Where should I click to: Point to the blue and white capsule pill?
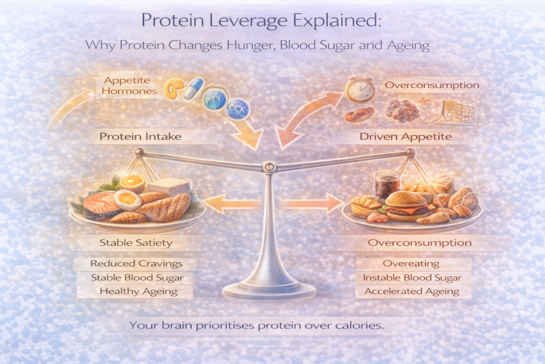tap(193, 88)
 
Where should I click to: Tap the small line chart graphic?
tap(456, 112)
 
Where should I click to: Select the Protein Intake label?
tap(141, 136)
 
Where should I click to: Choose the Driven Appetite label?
tap(406, 136)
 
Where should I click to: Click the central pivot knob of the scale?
tap(270, 168)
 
